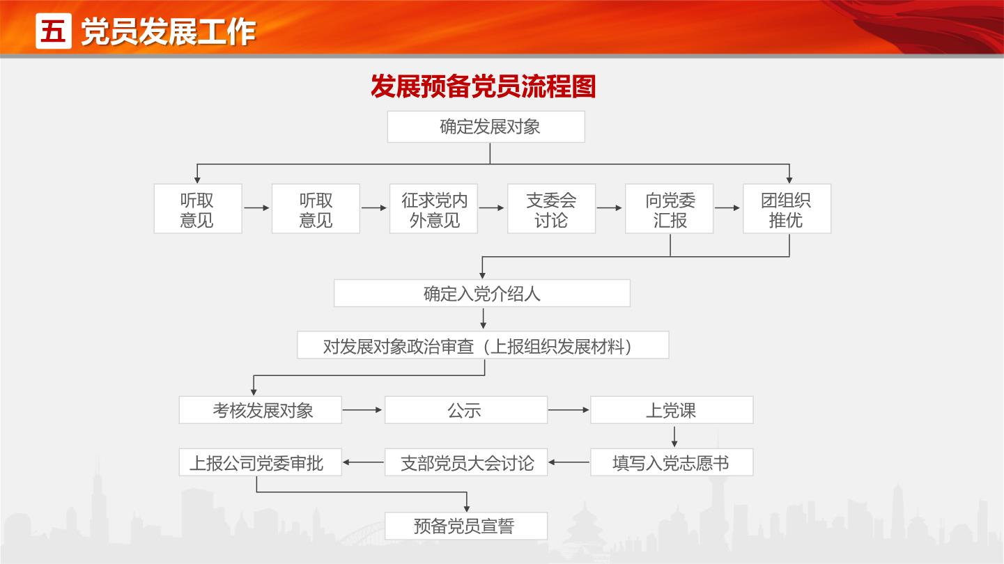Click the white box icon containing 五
(x=54, y=31)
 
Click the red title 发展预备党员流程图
(x=483, y=86)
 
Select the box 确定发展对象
(x=486, y=127)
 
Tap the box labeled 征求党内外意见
(x=433, y=209)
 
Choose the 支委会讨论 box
(x=551, y=209)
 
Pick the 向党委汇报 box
(x=669, y=209)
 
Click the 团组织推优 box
(x=787, y=209)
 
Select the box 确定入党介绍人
(x=482, y=293)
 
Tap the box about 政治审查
(x=483, y=345)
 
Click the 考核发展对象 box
(x=261, y=410)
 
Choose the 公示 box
(x=466, y=410)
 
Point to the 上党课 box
(x=672, y=410)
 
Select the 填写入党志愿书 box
(x=672, y=462)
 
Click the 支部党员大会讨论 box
(x=466, y=462)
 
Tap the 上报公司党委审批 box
(x=261, y=462)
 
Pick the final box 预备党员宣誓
(x=466, y=526)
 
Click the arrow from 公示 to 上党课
(x=569, y=410)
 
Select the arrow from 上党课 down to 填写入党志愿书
(x=674, y=437)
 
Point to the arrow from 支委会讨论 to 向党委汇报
(x=610, y=208)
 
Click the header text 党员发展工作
(x=168, y=32)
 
